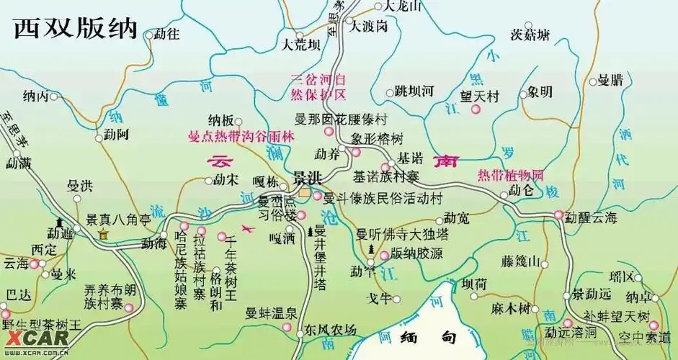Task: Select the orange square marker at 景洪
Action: click(305, 194)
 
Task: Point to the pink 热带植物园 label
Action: click(509, 174)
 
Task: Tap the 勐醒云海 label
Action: click(591, 215)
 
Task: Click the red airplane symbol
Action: click(249, 229)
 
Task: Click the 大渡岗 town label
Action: click(370, 27)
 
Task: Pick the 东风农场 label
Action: click(330, 330)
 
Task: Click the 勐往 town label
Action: click(168, 34)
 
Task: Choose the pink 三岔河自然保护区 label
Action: click(318, 87)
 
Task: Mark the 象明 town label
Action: click(539, 91)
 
